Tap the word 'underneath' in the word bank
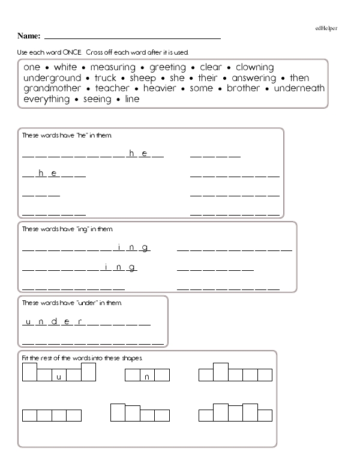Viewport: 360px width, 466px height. (x=299, y=88)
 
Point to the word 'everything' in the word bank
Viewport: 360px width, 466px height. (x=46, y=99)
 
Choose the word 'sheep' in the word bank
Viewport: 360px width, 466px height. (x=142, y=78)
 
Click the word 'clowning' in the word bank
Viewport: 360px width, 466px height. (x=254, y=67)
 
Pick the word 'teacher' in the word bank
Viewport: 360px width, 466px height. (x=112, y=88)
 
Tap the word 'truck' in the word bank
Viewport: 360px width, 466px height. (x=105, y=78)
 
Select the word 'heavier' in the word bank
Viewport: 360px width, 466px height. (x=160, y=88)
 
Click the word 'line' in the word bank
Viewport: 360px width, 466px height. (x=131, y=99)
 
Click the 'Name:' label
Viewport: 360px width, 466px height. (x=29, y=36)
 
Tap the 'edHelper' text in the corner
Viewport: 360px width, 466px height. (x=326, y=28)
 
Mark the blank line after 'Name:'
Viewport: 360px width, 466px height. (x=132, y=38)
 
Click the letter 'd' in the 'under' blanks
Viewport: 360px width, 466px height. (x=54, y=321)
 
